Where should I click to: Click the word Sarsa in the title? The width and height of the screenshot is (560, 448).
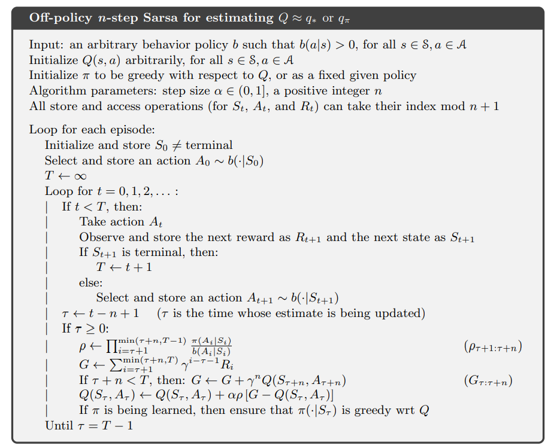[x=160, y=17]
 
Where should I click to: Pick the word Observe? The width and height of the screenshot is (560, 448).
[x=99, y=237]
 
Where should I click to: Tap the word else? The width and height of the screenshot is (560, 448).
[x=90, y=283]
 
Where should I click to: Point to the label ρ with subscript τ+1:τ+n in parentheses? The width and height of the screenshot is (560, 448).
[x=489, y=347]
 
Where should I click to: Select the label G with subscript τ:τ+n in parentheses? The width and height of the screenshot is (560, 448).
[x=488, y=380]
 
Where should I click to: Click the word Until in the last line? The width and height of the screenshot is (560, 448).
[x=58, y=425]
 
